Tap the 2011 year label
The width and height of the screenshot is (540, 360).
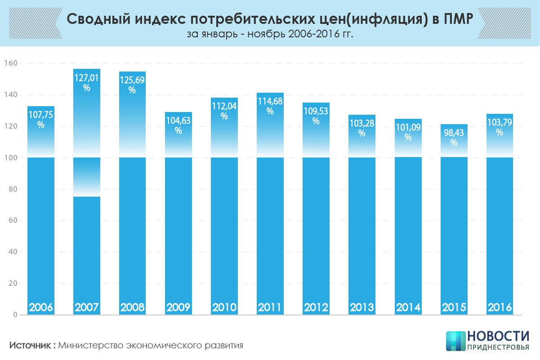pyautogui.click(x=270, y=308)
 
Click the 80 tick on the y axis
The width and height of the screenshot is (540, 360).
pyautogui.click(x=12, y=189)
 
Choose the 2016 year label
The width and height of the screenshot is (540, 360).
pyautogui.click(x=500, y=308)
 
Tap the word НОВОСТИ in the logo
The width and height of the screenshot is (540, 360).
pyautogui.click(x=498, y=337)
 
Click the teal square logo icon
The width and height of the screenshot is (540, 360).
pyautogui.click(x=455, y=341)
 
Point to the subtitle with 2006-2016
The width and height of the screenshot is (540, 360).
pyautogui.click(x=270, y=35)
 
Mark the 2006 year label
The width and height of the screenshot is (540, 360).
pyautogui.click(x=41, y=308)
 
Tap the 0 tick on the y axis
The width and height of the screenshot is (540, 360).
pyautogui.click(x=15, y=315)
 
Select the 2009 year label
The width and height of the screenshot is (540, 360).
pyautogui.click(x=179, y=308)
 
